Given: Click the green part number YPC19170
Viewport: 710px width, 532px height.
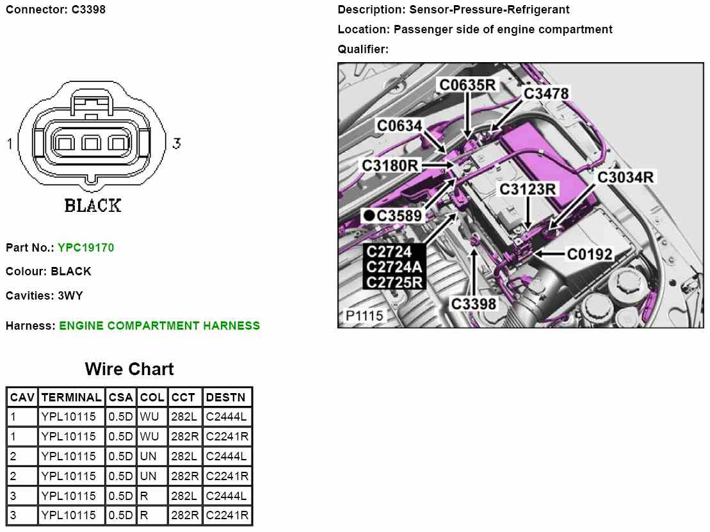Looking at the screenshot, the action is coord(86,247).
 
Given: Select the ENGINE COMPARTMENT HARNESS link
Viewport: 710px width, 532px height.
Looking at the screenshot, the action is coord(159,325).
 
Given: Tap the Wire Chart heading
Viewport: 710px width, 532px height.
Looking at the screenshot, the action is coord(129,369).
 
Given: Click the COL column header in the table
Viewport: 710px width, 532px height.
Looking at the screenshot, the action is coord(152,398).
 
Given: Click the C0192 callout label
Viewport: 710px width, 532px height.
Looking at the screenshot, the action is coord(590,254).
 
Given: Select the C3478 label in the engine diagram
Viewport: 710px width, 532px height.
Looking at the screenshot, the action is coord(546,93).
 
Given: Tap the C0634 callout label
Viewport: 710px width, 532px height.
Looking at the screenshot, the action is coord(399,125).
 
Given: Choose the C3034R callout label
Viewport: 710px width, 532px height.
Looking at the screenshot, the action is coord(625,177).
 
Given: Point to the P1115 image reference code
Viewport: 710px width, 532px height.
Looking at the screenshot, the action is coord(364,316).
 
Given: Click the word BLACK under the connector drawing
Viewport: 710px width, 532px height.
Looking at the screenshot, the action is coord(93,206).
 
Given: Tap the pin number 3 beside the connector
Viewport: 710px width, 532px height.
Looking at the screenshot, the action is coord(176,143).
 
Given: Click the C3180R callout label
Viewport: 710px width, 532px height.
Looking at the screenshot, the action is coord(390,166).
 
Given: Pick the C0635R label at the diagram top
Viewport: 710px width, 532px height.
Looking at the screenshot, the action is coord(467,84).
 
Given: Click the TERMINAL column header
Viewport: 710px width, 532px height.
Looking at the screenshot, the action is coord(71,398).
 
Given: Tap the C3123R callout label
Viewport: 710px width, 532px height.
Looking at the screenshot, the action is coord(528,189).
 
